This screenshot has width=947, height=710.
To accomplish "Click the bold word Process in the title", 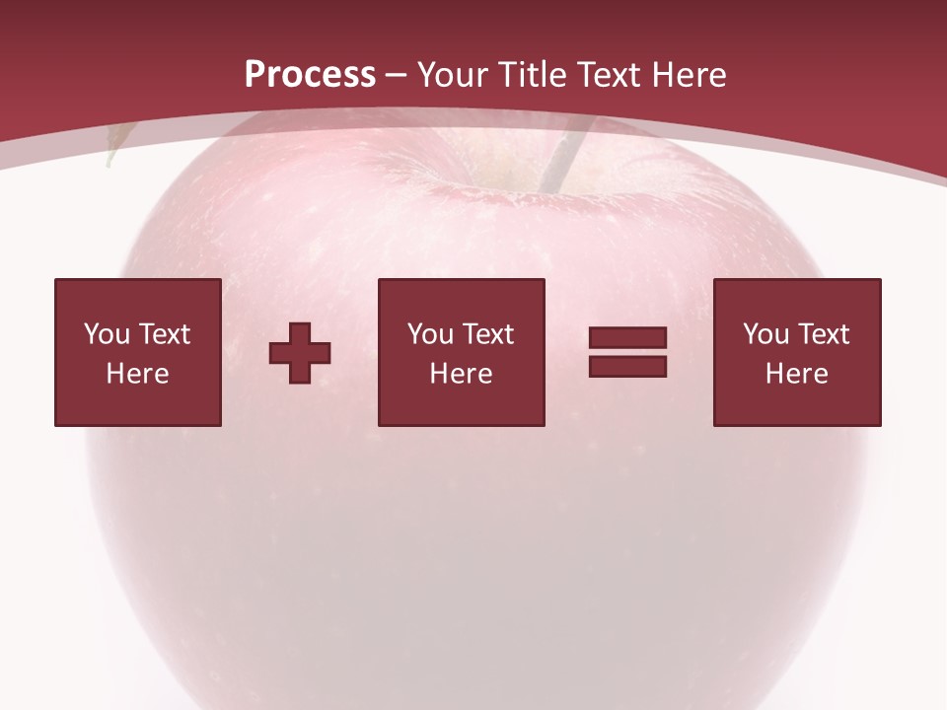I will pyautogui.click(x=310, y=75).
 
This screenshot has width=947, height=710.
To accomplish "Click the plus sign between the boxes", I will pyautogui.click(x=300, y=353).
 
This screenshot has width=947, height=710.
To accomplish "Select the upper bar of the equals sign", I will pyautogui.click(x=627, y=338).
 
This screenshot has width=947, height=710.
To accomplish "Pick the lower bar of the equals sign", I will pyautogui.click(x=627, y=367).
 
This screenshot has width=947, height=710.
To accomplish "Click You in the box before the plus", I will pyautogui.click(x=106, y=334).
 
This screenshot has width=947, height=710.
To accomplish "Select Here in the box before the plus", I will pyautogui.click(x=137, y=374).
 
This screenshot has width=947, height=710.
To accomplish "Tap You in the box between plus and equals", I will pyautogui.click(x=429, y=334).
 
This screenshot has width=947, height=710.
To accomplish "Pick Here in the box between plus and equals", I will pyautogui.click(x=461, y=374).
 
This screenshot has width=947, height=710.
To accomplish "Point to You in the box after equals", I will pyautogui.click(x=765, y=334).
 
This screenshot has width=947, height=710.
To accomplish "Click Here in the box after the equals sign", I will pyautogui.click(x=796, y=374).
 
